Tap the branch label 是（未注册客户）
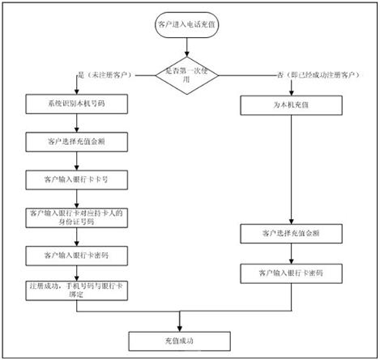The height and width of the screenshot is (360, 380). pyautogui.click(x=106, y=75)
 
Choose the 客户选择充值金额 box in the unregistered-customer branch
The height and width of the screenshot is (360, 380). pyautogui.click(x=74, y=142)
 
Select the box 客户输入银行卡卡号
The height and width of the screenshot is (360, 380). pyautogui.click(x=74, y=179)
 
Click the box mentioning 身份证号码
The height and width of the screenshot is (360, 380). pyautogui.click(x=74, y=216)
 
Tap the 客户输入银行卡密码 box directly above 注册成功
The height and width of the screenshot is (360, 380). pyautogui.click(x=74, y=254)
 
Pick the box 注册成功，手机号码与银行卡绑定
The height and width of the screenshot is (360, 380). pyautogui.click(x=74, y=289)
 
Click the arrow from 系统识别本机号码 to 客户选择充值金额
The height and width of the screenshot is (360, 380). pyautogui.click(x=74, y=123)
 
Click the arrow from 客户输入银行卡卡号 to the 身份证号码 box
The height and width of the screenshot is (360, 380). pyautogui.click(x=74, y=197)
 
